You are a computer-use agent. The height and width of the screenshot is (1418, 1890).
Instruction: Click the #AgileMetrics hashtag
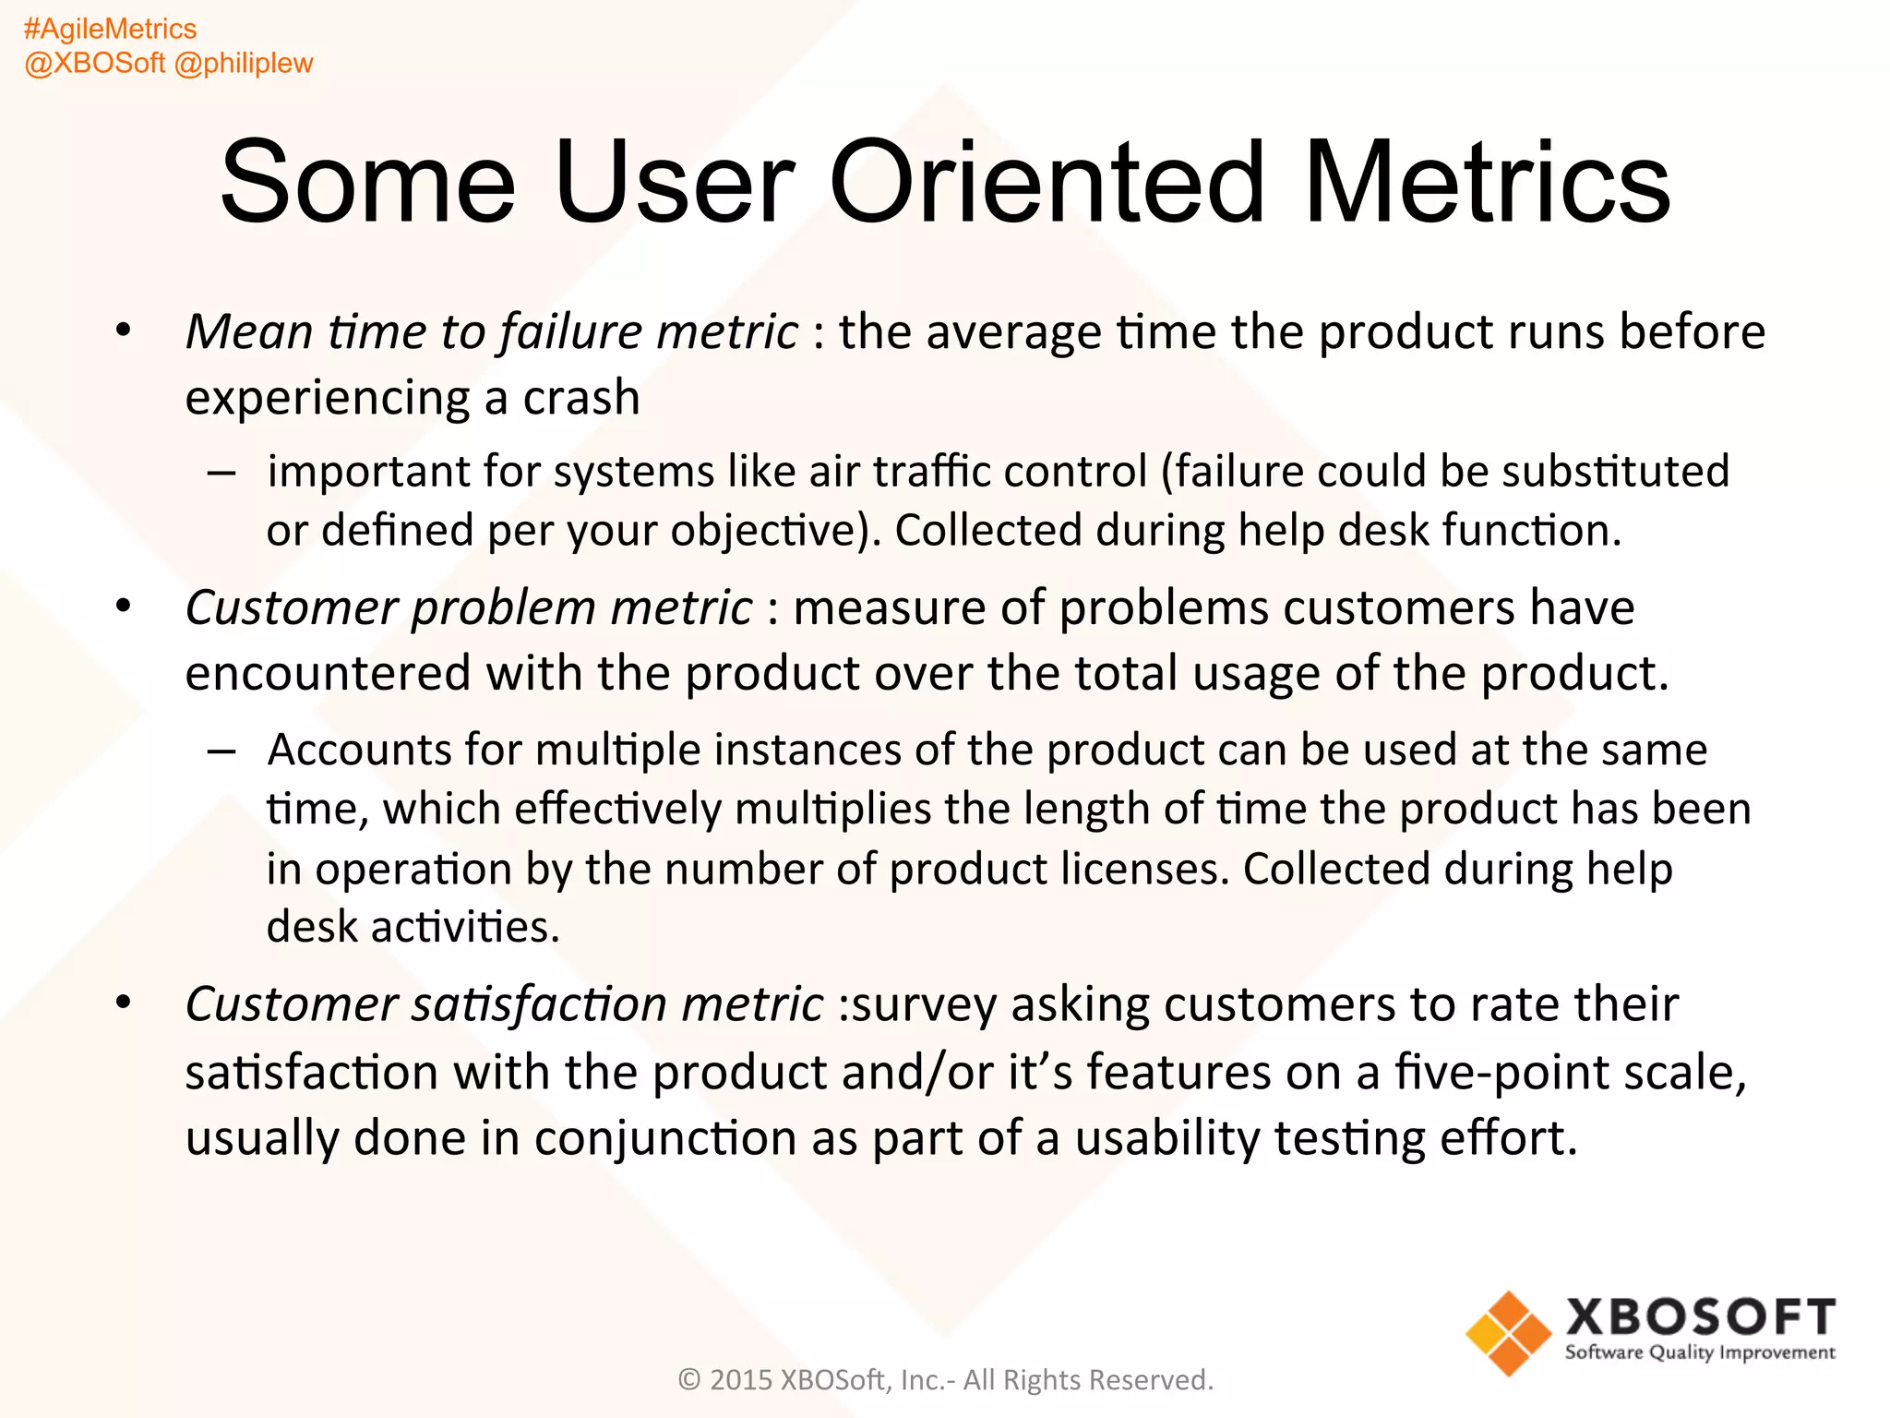110,29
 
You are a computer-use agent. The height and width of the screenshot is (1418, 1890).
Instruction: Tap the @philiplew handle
244,63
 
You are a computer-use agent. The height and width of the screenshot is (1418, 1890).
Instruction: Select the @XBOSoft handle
94,63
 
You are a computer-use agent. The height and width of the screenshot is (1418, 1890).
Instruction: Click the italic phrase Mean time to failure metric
491,331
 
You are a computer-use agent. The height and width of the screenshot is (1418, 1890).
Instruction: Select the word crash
581,398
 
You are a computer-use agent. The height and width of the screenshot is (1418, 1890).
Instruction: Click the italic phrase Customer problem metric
469,607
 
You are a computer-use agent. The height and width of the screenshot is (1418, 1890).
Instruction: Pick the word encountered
328,673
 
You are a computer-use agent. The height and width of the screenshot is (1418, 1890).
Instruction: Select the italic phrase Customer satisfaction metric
504,1003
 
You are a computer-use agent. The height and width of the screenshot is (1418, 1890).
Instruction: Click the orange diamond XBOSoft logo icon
1508,1333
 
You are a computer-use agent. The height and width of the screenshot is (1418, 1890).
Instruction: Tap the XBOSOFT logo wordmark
1700,1316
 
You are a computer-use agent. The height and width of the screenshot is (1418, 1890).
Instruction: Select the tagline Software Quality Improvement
1700,1352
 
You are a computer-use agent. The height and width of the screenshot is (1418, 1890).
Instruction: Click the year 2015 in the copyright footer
740,1379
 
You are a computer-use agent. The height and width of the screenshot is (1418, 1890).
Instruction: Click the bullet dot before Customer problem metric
124,607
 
